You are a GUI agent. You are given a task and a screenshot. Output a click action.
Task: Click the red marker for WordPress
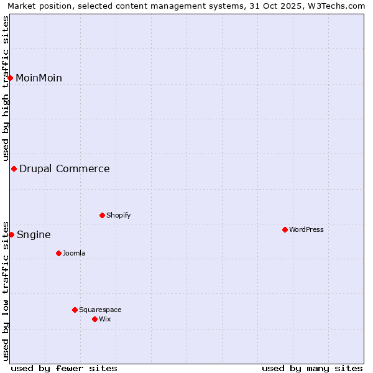point(285,229)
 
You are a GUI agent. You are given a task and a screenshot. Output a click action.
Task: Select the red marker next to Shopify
point(102,215)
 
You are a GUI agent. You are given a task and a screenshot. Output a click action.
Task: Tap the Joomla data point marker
point(58,253)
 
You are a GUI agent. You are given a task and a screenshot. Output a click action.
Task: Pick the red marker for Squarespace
point(75,310)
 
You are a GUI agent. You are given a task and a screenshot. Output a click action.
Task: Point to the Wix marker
point(94,319)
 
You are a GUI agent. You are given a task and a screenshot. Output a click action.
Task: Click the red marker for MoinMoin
point(11,78)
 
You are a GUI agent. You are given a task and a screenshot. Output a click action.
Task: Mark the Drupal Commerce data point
point(14,168)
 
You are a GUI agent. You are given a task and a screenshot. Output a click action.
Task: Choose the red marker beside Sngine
point(11,234)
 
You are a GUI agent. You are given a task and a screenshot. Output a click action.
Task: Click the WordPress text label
point(306,229)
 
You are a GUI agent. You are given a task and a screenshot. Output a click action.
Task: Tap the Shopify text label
point(119,215)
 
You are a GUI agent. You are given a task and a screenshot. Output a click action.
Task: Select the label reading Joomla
point(74,253)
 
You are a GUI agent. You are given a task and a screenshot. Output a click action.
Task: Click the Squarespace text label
point(100,310)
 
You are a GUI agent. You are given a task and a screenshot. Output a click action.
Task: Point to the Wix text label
point(105,319)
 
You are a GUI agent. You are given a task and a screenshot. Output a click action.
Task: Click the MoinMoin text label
point(39,78)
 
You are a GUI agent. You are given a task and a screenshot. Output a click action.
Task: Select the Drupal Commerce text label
point(65,168)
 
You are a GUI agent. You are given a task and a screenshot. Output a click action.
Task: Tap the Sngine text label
point(34,234)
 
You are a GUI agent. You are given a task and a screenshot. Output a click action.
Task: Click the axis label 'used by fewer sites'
point(64,368)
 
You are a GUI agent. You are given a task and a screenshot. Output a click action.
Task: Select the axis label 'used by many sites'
point(312,368)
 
